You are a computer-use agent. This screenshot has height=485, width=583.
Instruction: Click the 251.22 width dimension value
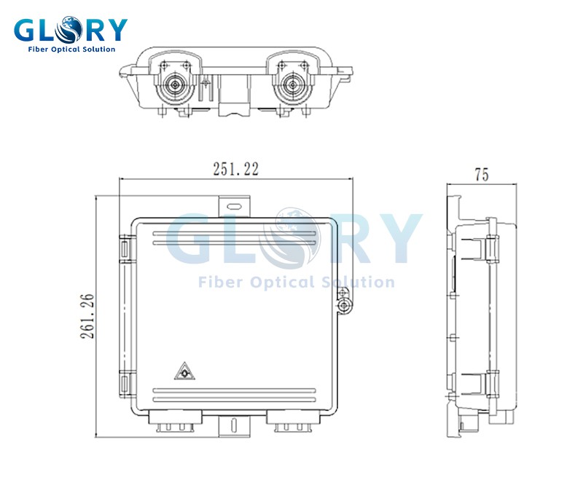point(235,169)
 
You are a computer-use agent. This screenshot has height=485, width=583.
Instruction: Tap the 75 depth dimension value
point(481,175)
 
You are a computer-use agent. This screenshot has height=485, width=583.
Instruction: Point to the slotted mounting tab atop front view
point(235,206)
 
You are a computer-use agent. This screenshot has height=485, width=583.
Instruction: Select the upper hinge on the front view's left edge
point(125,250)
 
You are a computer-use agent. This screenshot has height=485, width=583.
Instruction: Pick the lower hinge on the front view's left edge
point(125,383)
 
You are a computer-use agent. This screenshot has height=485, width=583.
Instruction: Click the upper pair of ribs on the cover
point(235,238)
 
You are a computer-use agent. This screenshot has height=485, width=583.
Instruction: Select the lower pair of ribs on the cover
point(235,395)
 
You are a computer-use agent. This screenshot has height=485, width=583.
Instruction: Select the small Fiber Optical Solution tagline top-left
point(71,50)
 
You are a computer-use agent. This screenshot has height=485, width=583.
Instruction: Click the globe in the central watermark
point(295,237)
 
